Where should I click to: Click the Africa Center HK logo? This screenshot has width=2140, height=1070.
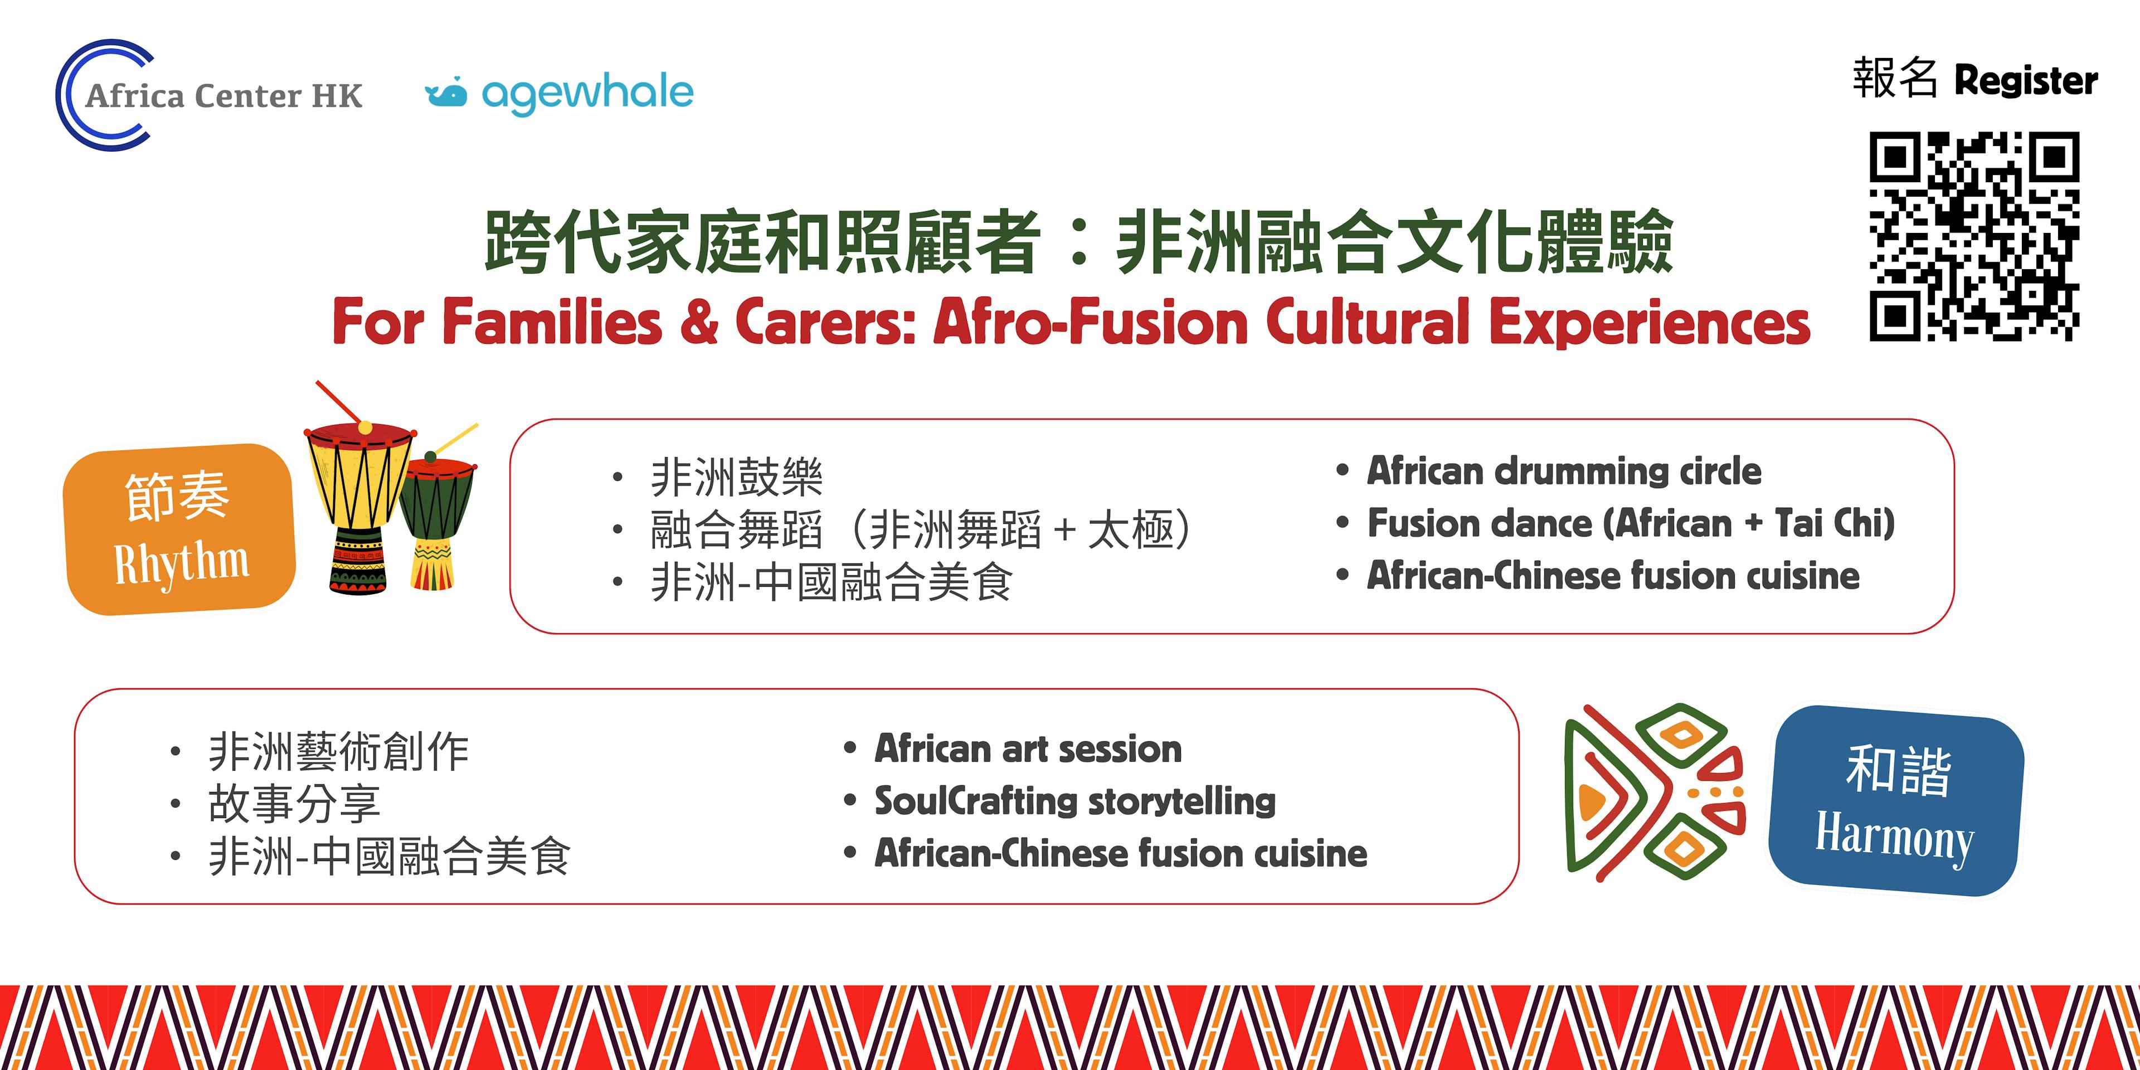click(208, 95)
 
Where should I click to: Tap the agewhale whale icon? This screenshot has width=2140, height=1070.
click(446, 93)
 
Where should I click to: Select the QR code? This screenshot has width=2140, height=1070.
click(1974, 237)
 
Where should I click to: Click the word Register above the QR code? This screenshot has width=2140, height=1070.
click(2026, 81)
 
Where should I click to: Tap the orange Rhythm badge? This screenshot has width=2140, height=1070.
click(180, 529)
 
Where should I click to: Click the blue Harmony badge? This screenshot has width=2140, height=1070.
click(1896, 800)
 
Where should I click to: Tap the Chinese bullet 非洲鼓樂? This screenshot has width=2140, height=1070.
click(736, 478)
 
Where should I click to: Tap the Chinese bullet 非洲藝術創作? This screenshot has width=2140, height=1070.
click(338, 752)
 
